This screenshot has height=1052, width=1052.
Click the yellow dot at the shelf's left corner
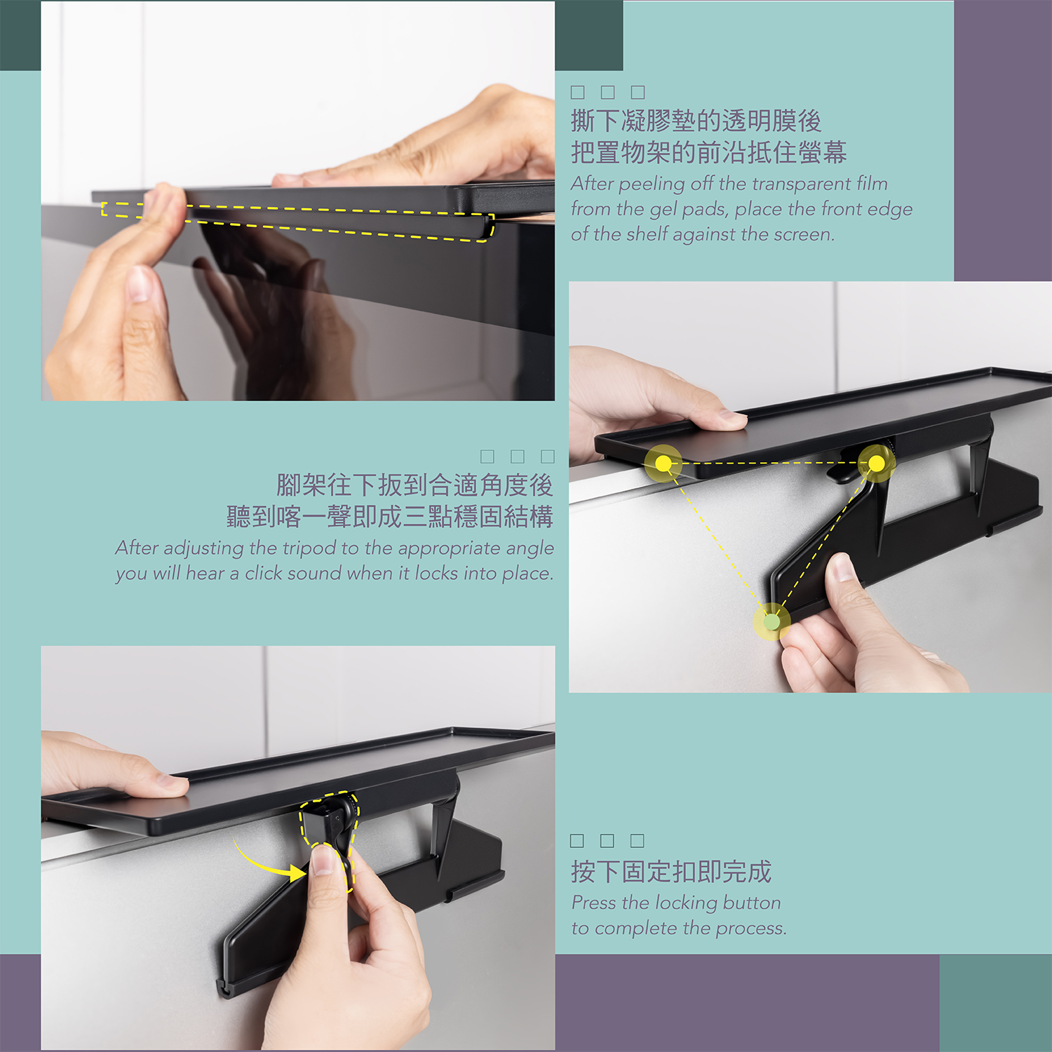point(663,463)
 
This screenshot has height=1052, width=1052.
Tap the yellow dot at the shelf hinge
point(877,463)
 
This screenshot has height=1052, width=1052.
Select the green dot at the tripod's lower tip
point(771,621)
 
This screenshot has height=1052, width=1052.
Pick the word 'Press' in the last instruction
point(594,903)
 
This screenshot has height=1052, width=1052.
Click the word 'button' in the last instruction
point(751,903)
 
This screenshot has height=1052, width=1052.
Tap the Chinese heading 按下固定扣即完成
point(671,872)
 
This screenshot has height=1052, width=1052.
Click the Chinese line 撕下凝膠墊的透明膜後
point(696,121)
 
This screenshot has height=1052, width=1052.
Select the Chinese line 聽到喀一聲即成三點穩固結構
point(390,516)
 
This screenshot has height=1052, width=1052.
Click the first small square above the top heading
point(578,92)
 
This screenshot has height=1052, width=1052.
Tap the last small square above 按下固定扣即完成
point(638,840)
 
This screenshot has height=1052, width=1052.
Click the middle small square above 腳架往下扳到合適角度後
point(518,457)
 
